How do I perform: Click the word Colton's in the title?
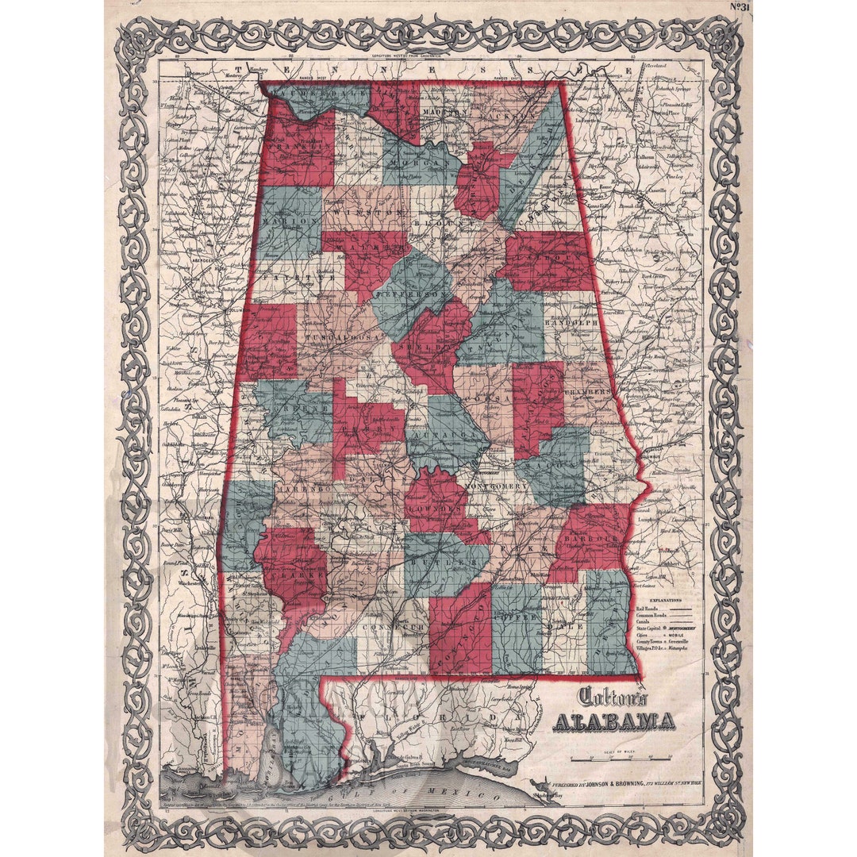(612, 697)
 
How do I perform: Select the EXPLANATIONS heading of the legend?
(666, 601)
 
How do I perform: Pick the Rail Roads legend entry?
(646, 609)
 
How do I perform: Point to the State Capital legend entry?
(651, 628)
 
